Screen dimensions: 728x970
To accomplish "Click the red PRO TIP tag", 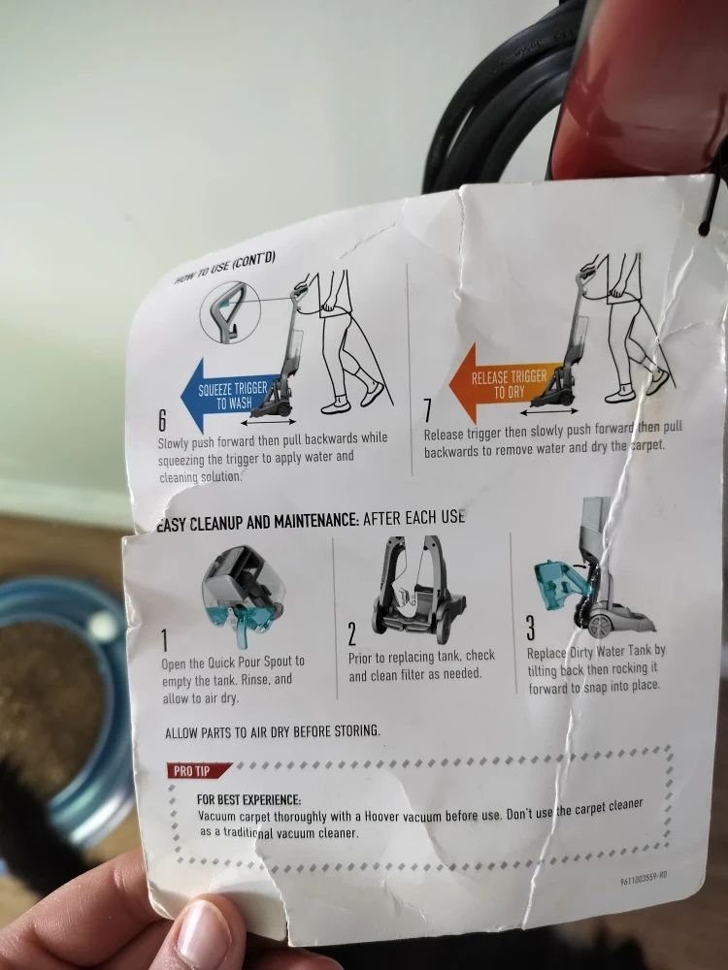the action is [197, 770].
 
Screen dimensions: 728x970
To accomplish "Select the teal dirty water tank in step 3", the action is [560, 585].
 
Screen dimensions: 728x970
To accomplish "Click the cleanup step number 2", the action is [351, 634].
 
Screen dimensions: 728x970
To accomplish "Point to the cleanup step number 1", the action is [165, 640].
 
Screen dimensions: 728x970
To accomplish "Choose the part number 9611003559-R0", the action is [644, 877].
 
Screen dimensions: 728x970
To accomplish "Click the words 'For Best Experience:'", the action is [248, 800].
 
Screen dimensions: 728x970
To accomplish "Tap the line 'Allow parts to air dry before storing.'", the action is [273, 731].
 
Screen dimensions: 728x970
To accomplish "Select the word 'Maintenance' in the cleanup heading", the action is [315, 521].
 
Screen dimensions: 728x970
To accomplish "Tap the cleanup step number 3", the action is [531, 628].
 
